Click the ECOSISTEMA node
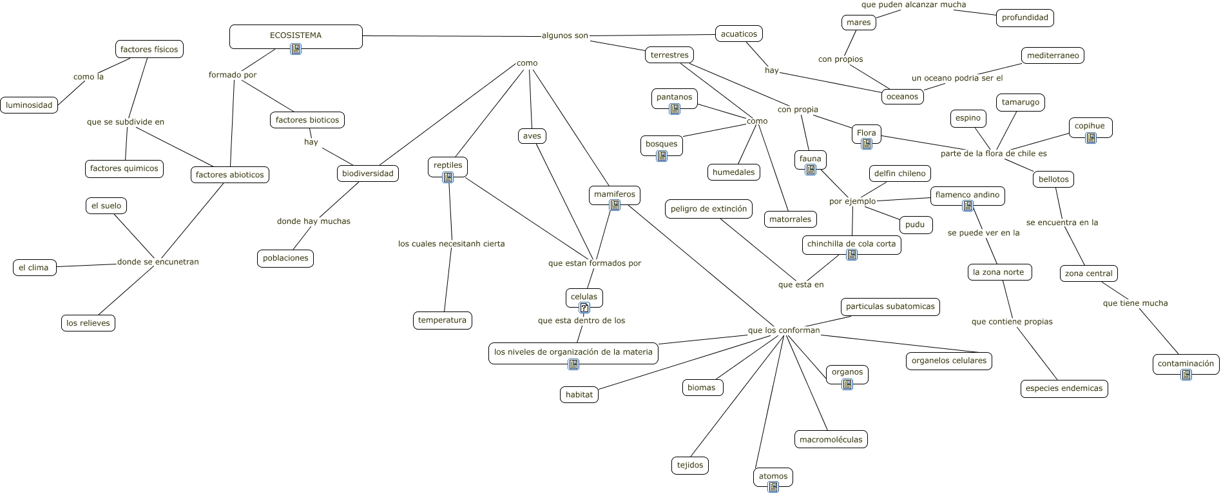[x=296, y=35]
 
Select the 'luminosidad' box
[x=29, y=105]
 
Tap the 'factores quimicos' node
[x=124, y=168]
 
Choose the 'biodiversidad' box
[x=367, y=173]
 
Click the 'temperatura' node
[x=442, y=320]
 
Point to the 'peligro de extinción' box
[x=708, y=209]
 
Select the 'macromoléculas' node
[x=831, y=440]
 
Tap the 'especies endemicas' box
[x=1064, y=388]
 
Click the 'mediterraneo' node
[x=1052, y=55]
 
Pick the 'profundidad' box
[x=1024, y=17]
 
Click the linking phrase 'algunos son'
[x=564, y=35]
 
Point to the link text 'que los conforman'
[x=784, y=330]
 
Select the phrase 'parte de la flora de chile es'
[x=994, y=153]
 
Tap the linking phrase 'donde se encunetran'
[x=158, y=262]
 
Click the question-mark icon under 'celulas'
[x=584, y=308]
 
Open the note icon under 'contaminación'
[x=1186, y=375]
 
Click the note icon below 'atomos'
[x=773, y=488]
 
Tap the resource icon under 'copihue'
[x=1090, y=137]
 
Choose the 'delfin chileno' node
[x=899, y=173]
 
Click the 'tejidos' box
[x=690, y=465]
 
